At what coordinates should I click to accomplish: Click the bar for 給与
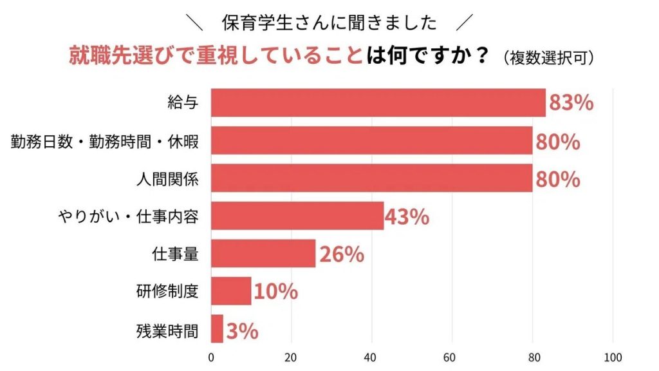[378, 103]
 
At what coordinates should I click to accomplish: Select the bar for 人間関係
[372, 178]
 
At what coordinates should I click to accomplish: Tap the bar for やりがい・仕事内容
[297, 216]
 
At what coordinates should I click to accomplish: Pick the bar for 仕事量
[263, 254]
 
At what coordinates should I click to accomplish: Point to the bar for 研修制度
[231, 291]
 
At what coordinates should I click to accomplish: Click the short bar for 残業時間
[217, 329]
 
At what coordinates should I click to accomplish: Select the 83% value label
[571, 103]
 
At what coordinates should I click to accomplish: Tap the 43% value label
[407, 217]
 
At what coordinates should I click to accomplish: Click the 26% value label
[341, 254]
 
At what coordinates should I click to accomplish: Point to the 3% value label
[242, 330]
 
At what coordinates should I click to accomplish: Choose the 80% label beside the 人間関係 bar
[557, 179]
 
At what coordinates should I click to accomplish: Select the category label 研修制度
[167, 292]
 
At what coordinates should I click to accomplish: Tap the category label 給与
[183, 103]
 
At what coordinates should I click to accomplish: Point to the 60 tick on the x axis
[452, 357]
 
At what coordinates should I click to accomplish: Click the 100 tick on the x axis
[613, 357]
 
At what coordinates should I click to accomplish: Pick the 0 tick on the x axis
[212, 357]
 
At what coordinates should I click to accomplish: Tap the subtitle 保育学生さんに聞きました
[329, 23]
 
